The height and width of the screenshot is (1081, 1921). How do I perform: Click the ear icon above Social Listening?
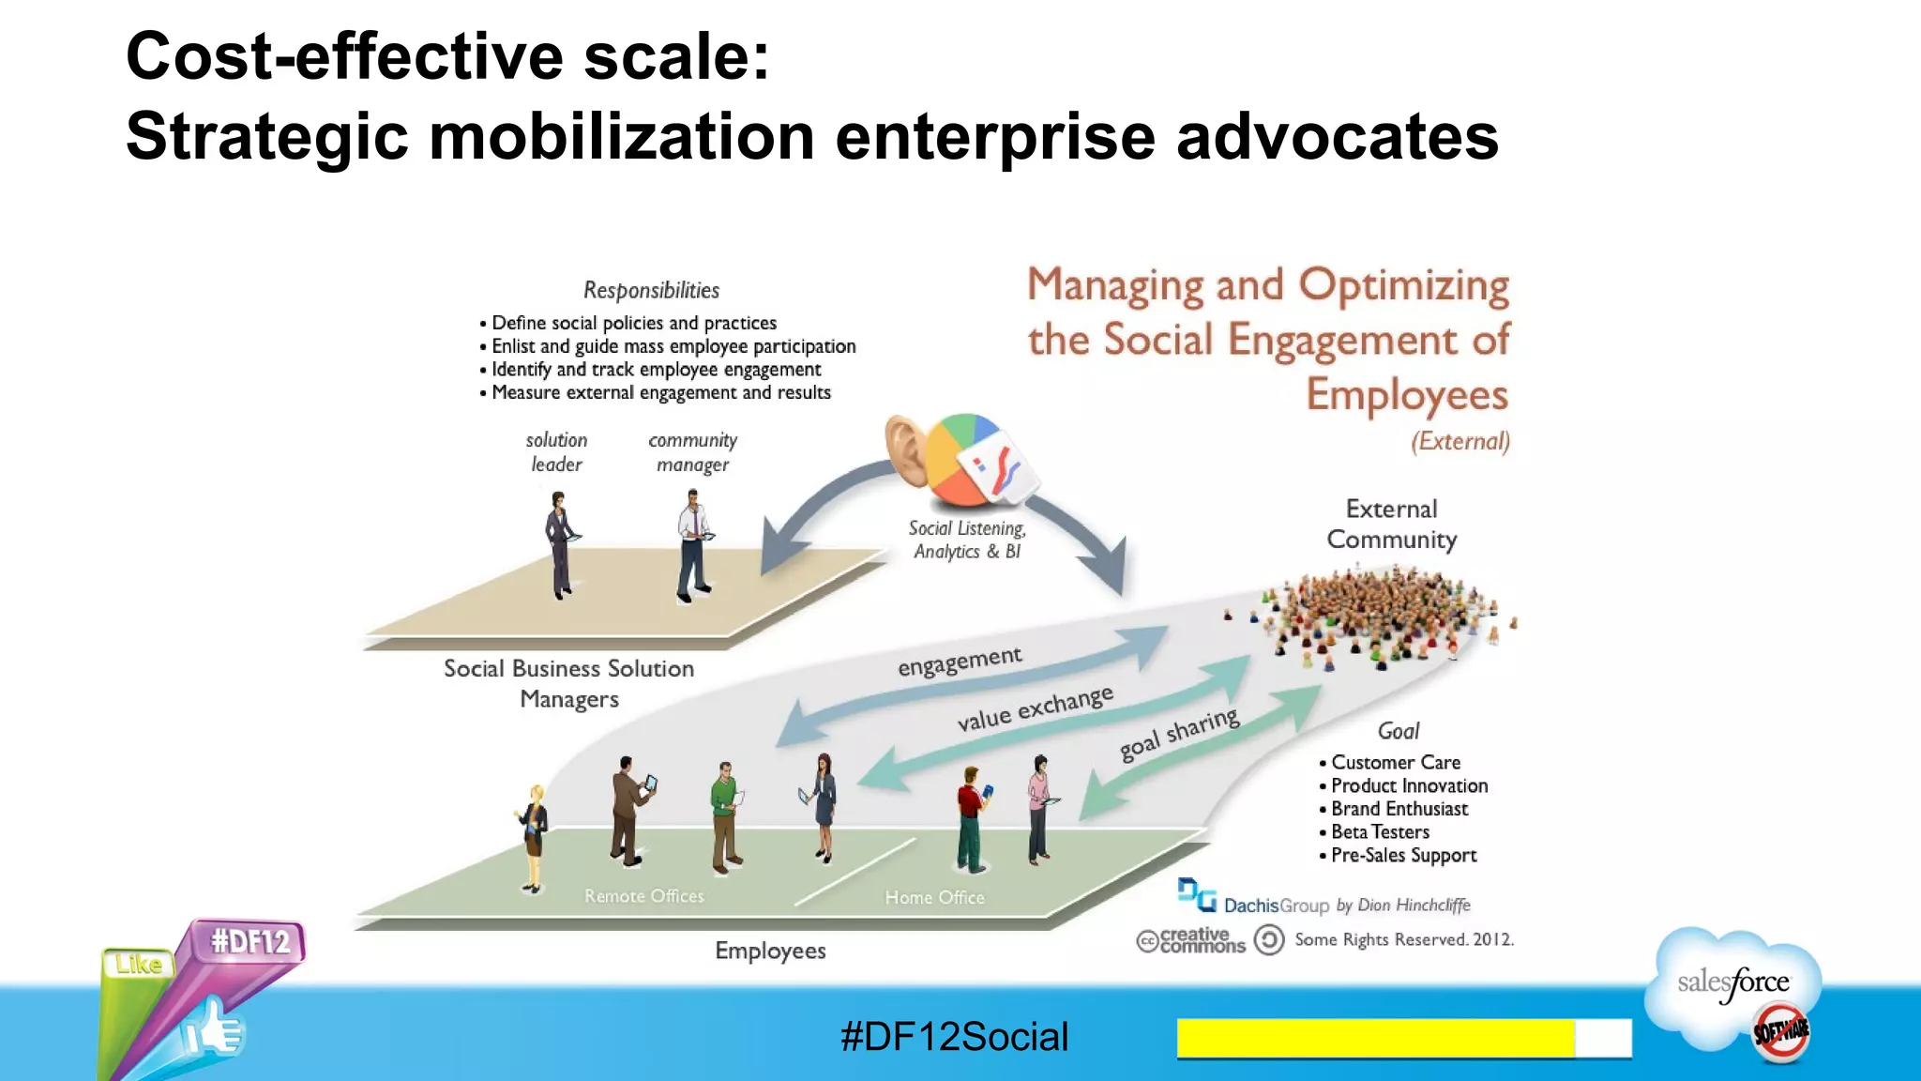906,449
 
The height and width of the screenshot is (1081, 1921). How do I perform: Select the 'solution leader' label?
556,452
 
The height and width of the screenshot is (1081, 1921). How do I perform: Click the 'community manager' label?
692,452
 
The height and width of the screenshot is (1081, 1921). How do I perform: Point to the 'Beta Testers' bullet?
1379,832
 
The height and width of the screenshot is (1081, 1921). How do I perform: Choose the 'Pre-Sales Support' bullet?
1402,856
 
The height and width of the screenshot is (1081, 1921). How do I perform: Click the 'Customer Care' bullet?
1395,763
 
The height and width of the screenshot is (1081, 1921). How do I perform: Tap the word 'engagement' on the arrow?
960,661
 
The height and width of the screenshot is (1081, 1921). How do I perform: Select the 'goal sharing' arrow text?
1179,734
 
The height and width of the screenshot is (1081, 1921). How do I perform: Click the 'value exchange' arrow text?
1035,708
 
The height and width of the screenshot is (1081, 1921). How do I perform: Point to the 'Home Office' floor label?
934,898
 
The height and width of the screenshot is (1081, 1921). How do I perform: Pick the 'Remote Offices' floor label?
643,896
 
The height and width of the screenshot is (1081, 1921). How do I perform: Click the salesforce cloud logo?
1733,985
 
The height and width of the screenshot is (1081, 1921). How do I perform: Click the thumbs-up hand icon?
215,1031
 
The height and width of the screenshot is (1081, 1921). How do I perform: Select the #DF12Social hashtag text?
954,1037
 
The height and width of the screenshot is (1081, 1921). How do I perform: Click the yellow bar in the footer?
1375,1038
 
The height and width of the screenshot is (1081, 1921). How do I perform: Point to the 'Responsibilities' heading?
651,291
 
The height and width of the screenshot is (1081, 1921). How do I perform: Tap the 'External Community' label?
1391,524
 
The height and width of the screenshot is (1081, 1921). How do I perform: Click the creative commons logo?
1191,940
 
